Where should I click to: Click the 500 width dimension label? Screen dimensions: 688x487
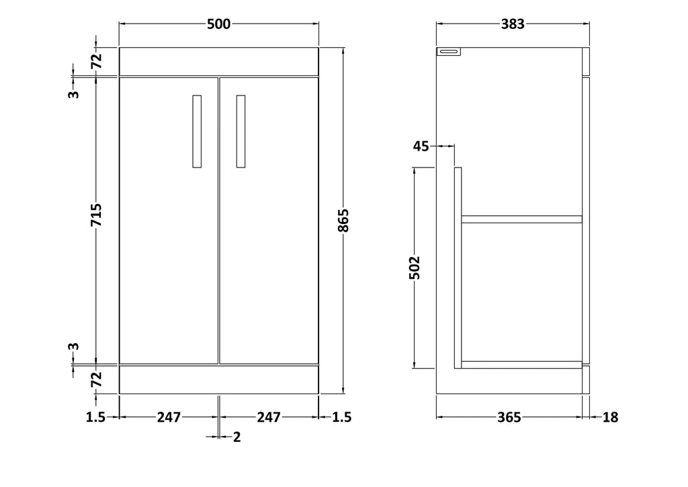(x=218, y=24)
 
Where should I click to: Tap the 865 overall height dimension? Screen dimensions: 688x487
(x=343, y=221)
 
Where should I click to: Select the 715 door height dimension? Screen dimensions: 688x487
(x=96, y=215)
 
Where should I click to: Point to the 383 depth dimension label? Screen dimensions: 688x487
(x=513, y=24)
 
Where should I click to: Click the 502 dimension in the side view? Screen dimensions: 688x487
(x=414, y=268)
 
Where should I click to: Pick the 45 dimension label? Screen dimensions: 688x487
(x=421, y=146)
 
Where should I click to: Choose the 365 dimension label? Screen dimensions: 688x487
(x=509, y=417)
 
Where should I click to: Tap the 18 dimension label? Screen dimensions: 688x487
(x=610, y=417)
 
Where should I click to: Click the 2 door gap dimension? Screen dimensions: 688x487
(x=237, y=437)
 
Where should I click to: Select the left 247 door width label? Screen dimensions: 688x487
(x=169, y=417)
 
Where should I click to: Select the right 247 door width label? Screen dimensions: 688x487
(x=269, y=417)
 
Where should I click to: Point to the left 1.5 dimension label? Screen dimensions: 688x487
(x=95, y=417)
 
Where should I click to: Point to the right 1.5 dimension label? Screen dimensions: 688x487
(x=342, y=417)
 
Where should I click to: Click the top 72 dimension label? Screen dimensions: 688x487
(x=96, y=61)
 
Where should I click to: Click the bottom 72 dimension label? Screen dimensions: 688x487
(x=96, y=379)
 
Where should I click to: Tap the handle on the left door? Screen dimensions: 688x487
(x=197, y=131)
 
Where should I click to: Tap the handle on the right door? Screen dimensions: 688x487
(x=241, y=131)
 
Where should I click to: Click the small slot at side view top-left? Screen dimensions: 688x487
(x=449, y=52)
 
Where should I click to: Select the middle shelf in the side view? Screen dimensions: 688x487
(x=521, y=219)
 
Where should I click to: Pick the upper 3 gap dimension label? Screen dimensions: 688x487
(x=74, y=94)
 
